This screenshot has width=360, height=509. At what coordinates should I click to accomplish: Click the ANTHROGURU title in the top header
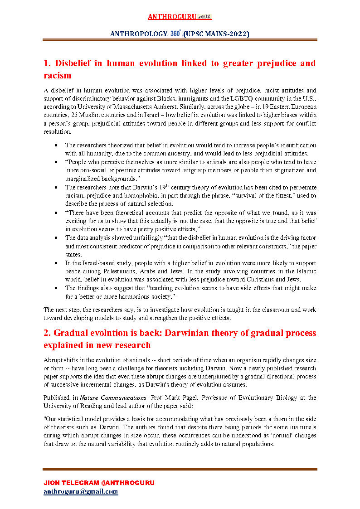pyautogui.click(x=172, y=17)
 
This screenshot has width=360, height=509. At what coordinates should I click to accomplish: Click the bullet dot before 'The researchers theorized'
pyautogui.click(x=55, y=145)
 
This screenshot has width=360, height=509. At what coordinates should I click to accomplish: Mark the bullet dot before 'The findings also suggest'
pyautogui.click(x=55, y=288)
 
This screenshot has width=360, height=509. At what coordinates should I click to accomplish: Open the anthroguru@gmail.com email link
pyautogui.click(x=81, y=491)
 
